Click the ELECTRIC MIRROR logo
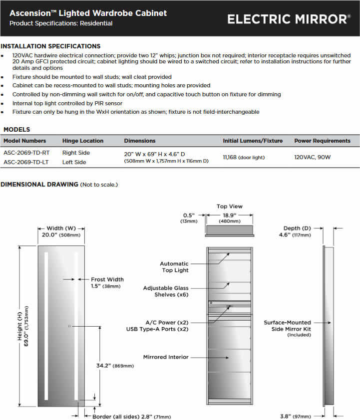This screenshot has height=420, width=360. tap(289, 19)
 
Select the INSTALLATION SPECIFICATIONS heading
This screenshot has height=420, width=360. tap(50, 46)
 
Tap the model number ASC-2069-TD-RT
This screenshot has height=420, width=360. tap(26, 153)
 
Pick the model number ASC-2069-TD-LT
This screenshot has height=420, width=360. tap(26, 162)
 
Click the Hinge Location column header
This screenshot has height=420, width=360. tap(83, 141)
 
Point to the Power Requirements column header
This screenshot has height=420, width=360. tap(322, 141)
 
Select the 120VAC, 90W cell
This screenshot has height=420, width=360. tap(313, 157)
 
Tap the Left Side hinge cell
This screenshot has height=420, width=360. tap(74, 162)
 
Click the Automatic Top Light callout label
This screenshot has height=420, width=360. tap(174, 267)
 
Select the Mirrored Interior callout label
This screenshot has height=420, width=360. tap(166, 357)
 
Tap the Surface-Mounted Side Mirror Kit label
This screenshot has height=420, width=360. tap(287, 326)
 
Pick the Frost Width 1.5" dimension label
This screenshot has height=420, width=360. tap(107, 283)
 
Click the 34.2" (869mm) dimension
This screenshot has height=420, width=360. tap(115, 366)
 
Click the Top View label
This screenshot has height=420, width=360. tap(229, 206)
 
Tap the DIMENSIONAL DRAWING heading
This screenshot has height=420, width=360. tap(39, 185)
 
